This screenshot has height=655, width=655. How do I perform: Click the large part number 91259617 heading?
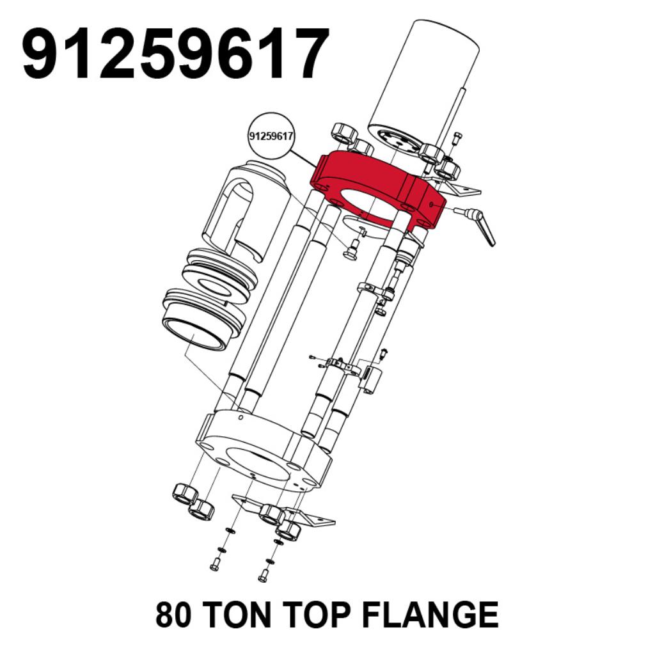click(175, 53)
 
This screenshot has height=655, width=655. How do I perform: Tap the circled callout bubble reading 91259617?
click(271, 137)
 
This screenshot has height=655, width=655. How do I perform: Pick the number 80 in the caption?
click(175, 614)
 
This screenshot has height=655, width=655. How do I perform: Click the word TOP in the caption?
click(318, 614)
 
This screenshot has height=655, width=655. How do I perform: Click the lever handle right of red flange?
click(478, 225)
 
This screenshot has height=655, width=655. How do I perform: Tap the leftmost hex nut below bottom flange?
click(185, 494)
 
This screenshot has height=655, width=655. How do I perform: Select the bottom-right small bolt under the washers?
click(264, 576)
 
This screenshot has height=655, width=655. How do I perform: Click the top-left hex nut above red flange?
click(344, 134)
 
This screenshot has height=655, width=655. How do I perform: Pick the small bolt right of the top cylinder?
click(457, 138)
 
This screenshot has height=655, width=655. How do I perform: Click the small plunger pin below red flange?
click(350, 250)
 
